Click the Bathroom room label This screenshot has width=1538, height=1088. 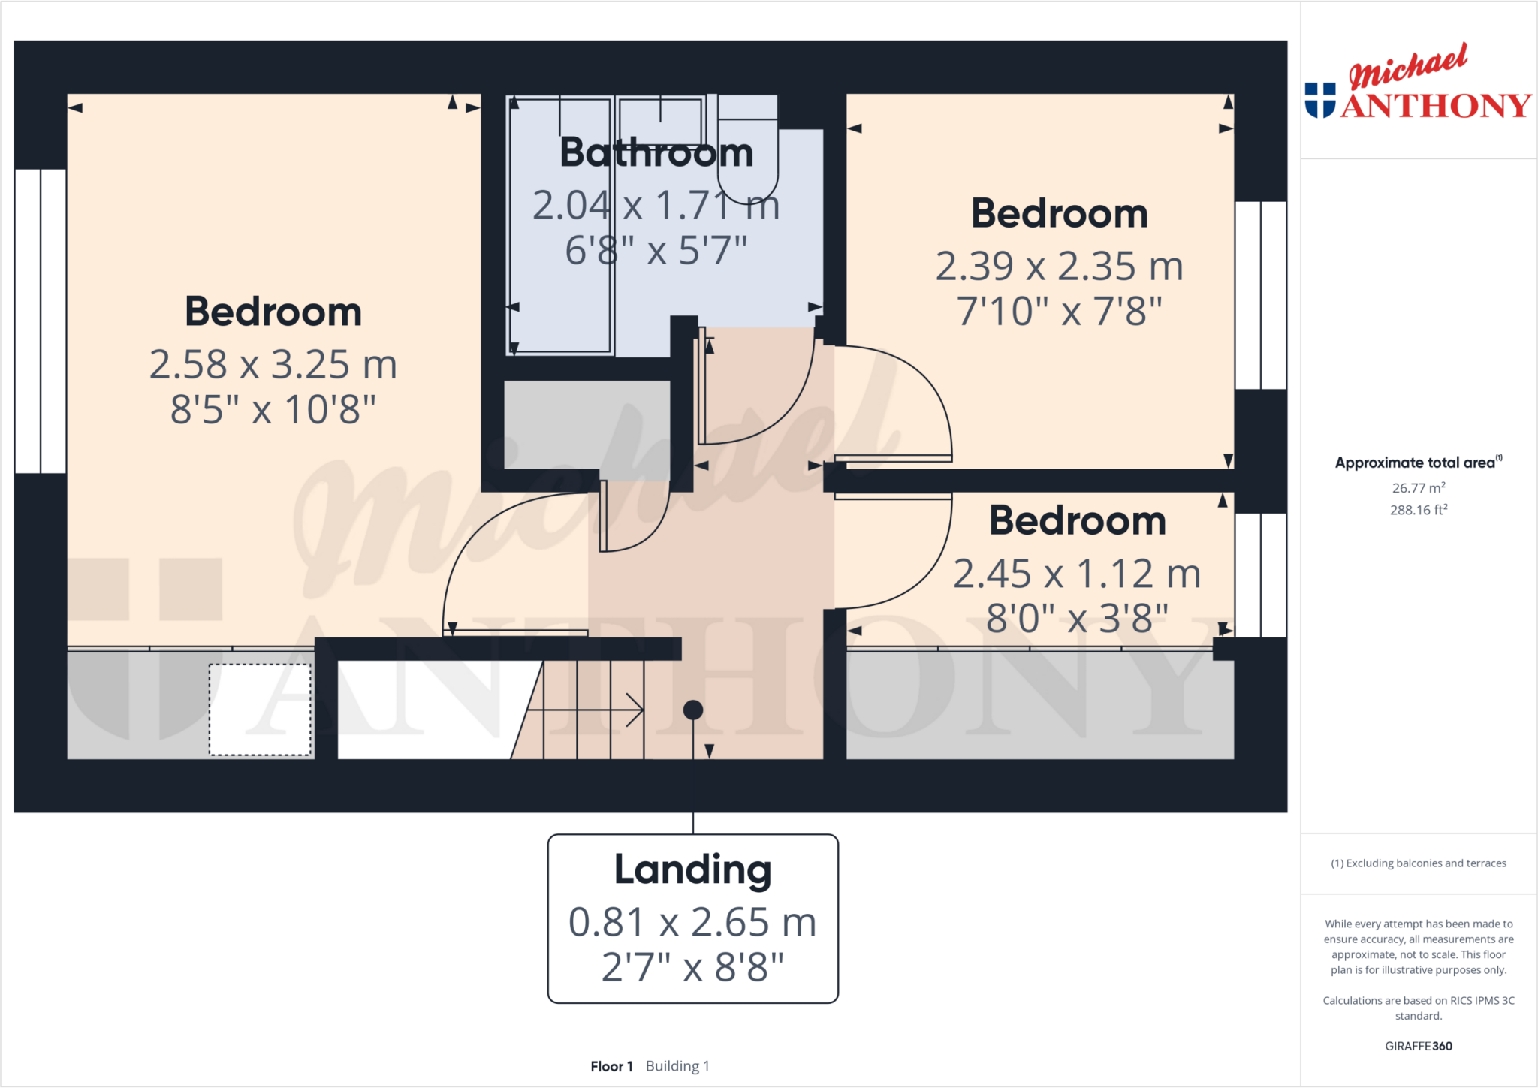coord(656,152)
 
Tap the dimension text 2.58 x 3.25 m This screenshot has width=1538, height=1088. coord(273,365)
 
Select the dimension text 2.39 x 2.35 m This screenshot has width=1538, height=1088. coord(1059,267)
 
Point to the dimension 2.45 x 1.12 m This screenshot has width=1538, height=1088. coord(1077,574)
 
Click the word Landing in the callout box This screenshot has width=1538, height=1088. coord(692,869)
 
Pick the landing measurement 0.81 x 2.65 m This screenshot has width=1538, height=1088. coord(692,922)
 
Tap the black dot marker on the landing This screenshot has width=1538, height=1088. coord(693,710)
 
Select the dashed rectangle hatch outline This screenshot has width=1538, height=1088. coord(260,710)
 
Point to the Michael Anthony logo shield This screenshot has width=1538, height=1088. coord(1320,101)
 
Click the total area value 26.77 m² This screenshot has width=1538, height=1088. coord(1419,488)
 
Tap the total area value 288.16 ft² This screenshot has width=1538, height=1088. coord(1419,510)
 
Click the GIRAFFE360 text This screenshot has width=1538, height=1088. coord(1419,1046)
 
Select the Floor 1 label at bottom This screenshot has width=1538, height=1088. coord(611,1066)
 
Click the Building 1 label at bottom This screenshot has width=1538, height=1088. coord(677,1066)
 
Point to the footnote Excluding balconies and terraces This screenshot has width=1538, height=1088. coord(1419,863)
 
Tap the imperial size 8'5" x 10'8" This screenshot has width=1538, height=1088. coord(273,410)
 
